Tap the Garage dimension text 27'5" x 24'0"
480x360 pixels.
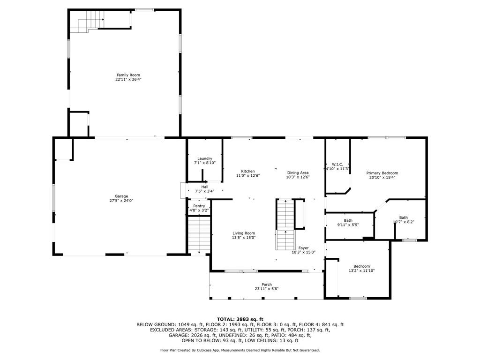[121, 201]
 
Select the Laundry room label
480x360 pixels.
[205, 158]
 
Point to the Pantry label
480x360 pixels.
[199, 206]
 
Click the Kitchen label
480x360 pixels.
[248, 172]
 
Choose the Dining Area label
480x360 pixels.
[298, 172]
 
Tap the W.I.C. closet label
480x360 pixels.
[337, 165]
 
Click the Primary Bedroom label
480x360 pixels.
[382, 173]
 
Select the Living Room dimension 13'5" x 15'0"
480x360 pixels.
[244, 238]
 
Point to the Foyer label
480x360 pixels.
[303, 248]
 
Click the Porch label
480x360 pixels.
[267, 285]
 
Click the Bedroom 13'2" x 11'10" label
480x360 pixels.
[361, 266]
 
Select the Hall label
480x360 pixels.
[205, 187]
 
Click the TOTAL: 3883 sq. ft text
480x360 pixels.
[240, 319]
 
